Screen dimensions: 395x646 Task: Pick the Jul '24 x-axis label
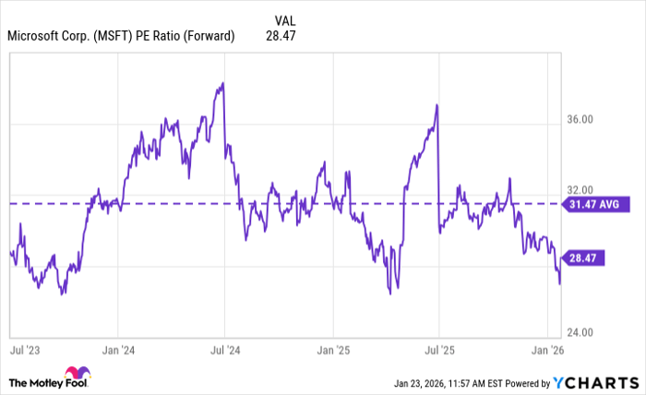point(225,352)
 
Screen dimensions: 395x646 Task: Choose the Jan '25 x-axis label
point(332,352)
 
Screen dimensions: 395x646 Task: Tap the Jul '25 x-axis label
point(439,352)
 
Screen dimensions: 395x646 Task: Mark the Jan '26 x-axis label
point(547,352)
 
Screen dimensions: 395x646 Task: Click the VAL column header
point(287,19)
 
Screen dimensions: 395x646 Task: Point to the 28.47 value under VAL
point(287,37)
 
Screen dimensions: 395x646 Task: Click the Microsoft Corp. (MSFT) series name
point(121,37)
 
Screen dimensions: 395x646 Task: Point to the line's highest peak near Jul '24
point(223,84)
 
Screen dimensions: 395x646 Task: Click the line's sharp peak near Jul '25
point(437,105)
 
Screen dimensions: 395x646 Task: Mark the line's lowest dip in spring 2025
point(389,293)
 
